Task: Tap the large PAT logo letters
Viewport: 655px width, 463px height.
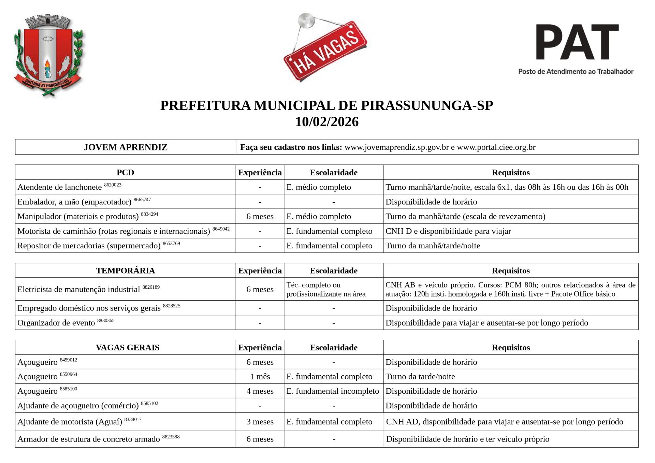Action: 577,42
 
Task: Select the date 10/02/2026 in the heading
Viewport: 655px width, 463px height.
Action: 327,122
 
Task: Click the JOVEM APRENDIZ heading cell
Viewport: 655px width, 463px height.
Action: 126,147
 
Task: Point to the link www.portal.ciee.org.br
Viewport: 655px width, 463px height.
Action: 496,147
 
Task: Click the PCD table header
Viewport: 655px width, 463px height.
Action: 126,172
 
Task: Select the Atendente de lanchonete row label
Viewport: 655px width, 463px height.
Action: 60,187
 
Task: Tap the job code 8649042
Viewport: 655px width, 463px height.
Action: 221,229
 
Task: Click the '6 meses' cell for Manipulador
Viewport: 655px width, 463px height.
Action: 260,216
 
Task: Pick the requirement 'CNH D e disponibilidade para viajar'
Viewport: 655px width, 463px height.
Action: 448,231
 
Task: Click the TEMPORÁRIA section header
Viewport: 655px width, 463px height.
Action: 126,271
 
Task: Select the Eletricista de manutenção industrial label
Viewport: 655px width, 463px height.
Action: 79,289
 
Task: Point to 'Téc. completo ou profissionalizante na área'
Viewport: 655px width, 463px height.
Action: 326,289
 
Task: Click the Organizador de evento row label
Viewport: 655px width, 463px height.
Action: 56,323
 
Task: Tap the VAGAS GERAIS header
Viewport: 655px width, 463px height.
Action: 128,347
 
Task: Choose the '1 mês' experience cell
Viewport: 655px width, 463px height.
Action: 260,376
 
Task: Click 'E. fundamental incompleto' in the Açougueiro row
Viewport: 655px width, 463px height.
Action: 333,391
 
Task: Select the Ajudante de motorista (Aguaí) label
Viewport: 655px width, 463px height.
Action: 70,422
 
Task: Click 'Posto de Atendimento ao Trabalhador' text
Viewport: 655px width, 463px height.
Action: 576,71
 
